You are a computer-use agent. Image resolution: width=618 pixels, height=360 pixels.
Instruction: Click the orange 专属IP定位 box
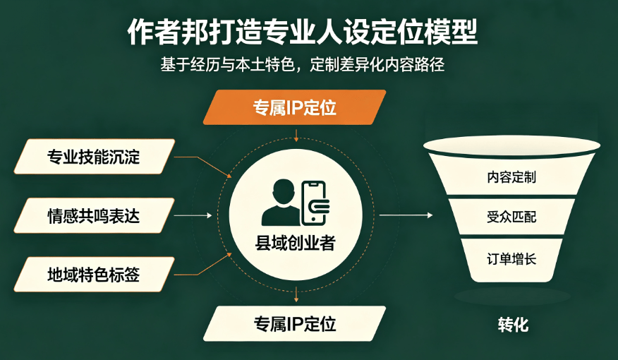294,107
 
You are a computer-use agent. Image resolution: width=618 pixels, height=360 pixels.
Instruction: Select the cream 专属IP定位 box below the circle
294,324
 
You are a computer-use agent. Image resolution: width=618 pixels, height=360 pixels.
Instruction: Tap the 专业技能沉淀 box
95,157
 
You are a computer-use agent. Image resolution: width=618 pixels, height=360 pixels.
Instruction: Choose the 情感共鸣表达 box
95,216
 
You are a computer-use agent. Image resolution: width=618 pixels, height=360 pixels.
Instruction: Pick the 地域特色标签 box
95,275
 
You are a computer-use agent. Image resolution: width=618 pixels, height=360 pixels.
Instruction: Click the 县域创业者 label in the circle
295,243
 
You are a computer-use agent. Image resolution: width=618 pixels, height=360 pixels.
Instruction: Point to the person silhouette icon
281,203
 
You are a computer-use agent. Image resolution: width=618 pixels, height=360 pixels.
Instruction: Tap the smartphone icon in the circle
315,203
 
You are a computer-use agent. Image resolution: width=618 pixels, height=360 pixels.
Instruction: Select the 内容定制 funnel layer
511,176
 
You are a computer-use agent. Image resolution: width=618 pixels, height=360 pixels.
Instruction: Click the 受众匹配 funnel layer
511,217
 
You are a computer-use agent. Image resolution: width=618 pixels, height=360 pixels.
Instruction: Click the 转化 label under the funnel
513,325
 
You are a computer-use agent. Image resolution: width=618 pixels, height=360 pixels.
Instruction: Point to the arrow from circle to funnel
406,215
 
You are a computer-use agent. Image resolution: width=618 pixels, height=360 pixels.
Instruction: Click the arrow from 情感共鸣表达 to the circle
193,216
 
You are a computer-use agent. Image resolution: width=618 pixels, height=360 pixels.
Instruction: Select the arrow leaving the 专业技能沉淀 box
203,166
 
